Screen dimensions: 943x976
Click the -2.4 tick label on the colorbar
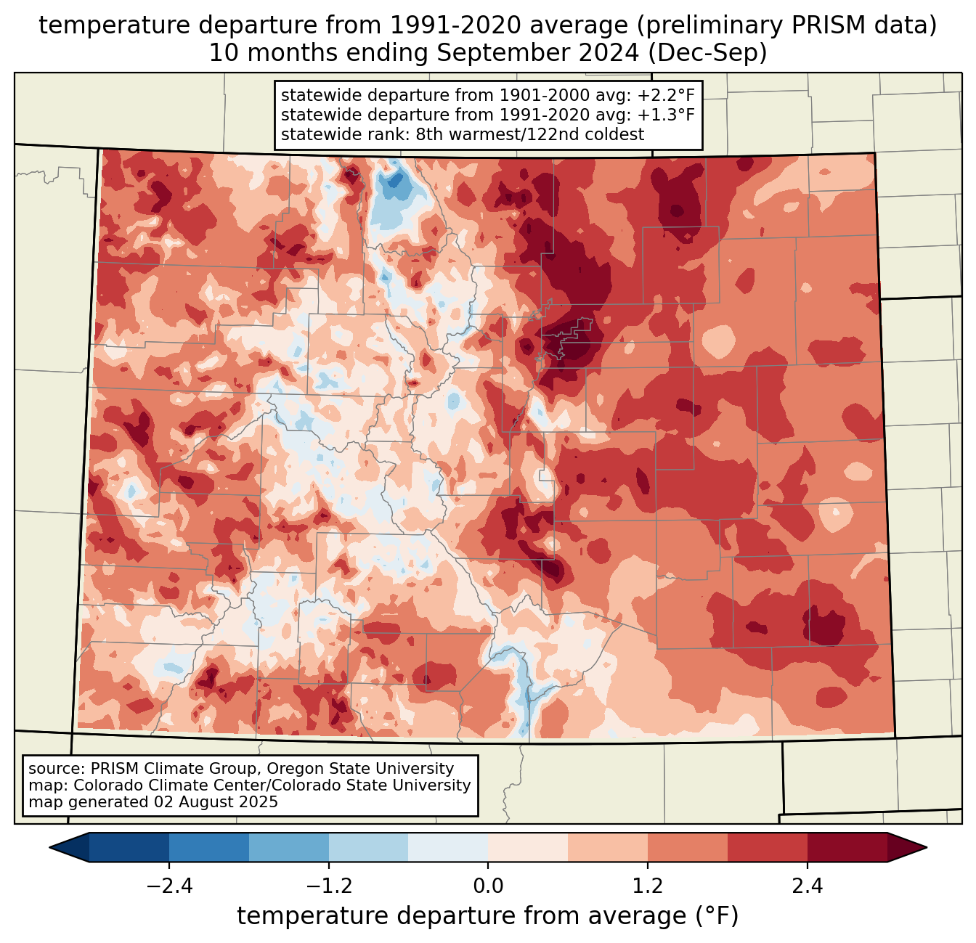[168, 886]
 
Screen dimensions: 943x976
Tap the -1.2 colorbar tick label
[328, 886]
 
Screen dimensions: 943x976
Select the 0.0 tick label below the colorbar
[488, 886]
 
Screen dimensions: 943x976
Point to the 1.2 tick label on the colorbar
[648, 886]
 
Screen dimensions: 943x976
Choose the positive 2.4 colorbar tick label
[807, 886]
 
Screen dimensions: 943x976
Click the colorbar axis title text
[488, 916]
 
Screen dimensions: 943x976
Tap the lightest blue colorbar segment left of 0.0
[448, 847]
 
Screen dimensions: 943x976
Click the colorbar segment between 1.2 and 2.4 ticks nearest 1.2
[687, 847]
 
